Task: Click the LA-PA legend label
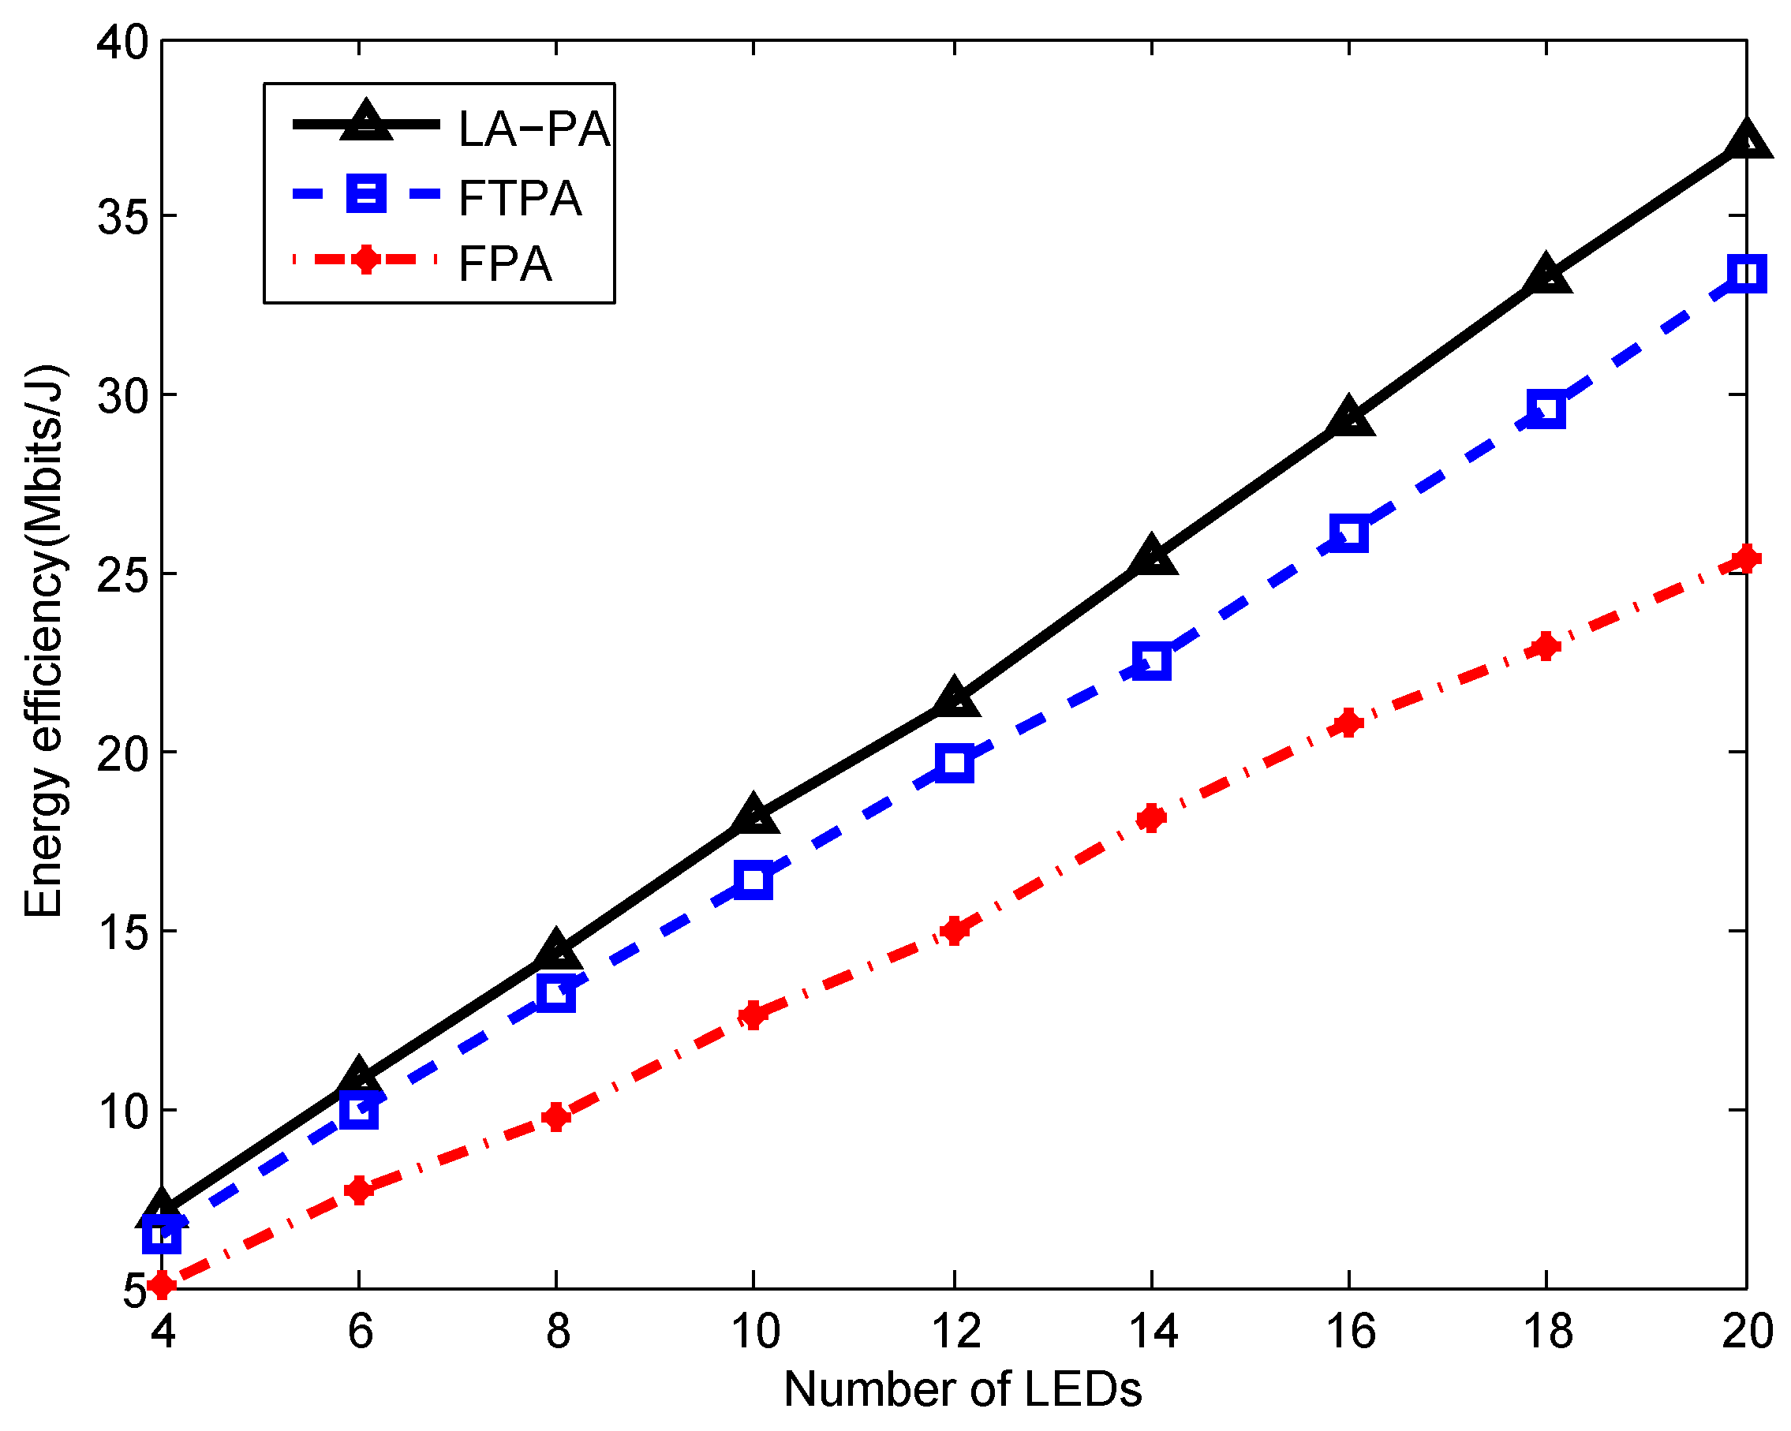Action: (533, 129)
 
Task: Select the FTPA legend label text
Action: (519, 199)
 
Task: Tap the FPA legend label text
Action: (504, 264)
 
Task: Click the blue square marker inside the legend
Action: (365, 192)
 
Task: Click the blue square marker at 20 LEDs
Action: (1746, 273)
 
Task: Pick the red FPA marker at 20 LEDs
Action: (1746, 558)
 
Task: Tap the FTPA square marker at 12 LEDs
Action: (955, 762)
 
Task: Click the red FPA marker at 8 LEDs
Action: (555, 1116)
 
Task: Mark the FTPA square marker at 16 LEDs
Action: (1349, 533)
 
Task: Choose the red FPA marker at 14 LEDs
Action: (1151, 818)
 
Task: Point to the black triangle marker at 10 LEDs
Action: (753, 815)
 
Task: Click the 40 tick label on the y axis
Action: (122, 42)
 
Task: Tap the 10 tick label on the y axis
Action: (122, 1112)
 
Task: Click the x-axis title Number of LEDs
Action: (962, 1389)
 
